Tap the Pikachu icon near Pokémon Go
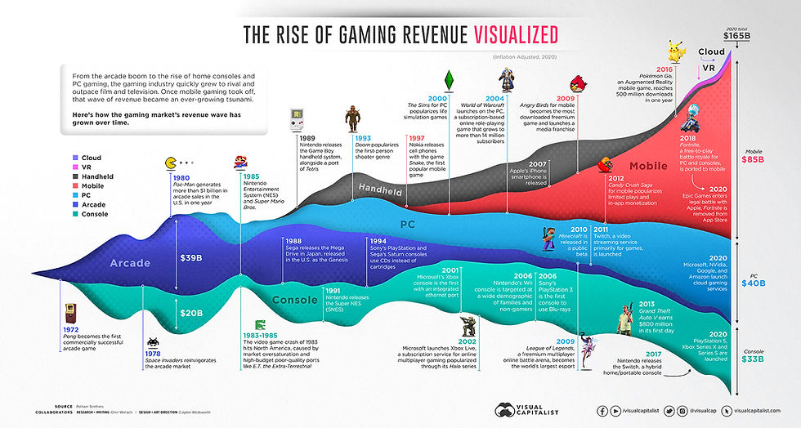pyautogui.click(x=677, y=51)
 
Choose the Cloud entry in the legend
pyautogui.click(x=87, y=158)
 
